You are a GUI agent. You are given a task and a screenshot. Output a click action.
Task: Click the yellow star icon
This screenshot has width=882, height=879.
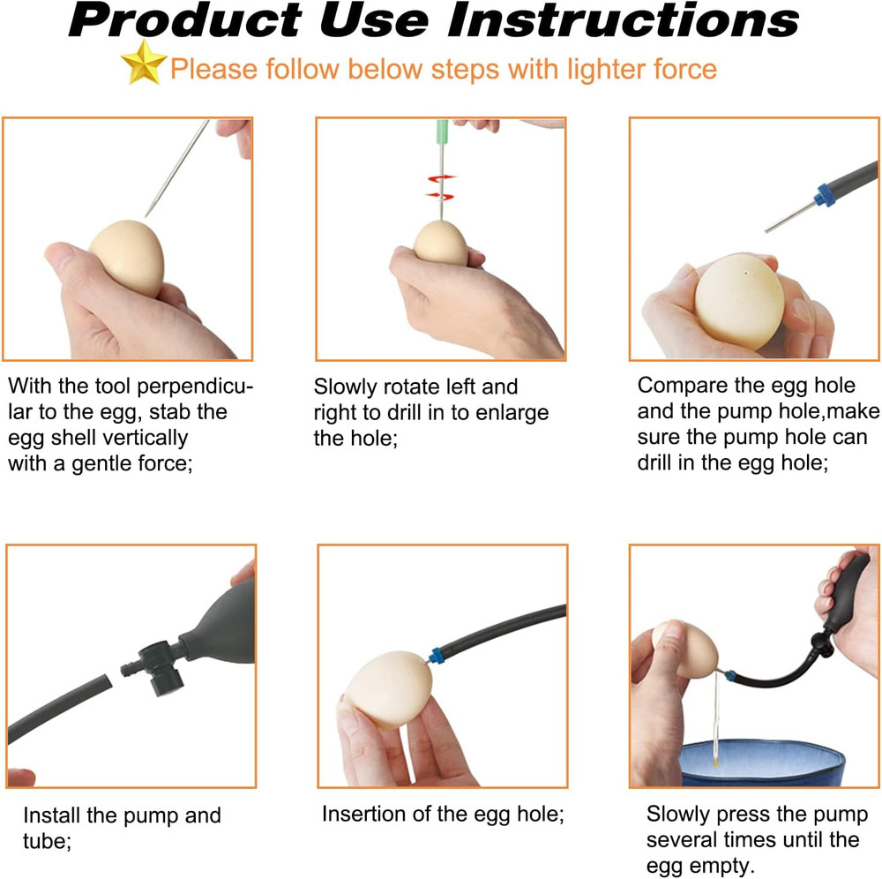point(144,64)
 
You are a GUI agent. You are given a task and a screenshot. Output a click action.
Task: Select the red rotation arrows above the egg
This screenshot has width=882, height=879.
point(440,186)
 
